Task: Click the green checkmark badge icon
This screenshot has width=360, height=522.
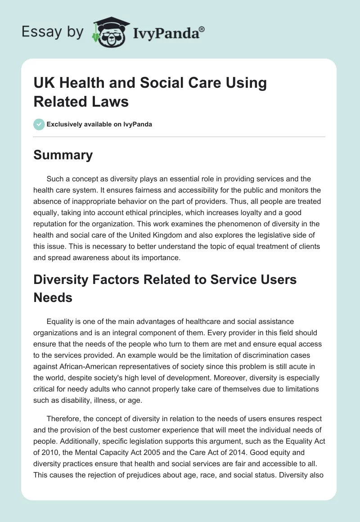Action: tap(39, 124)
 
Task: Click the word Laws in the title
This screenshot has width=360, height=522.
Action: tap(111, 101)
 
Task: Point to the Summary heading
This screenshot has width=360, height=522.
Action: tap(63, 155)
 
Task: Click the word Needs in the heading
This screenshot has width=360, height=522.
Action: tap(53, 297)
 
